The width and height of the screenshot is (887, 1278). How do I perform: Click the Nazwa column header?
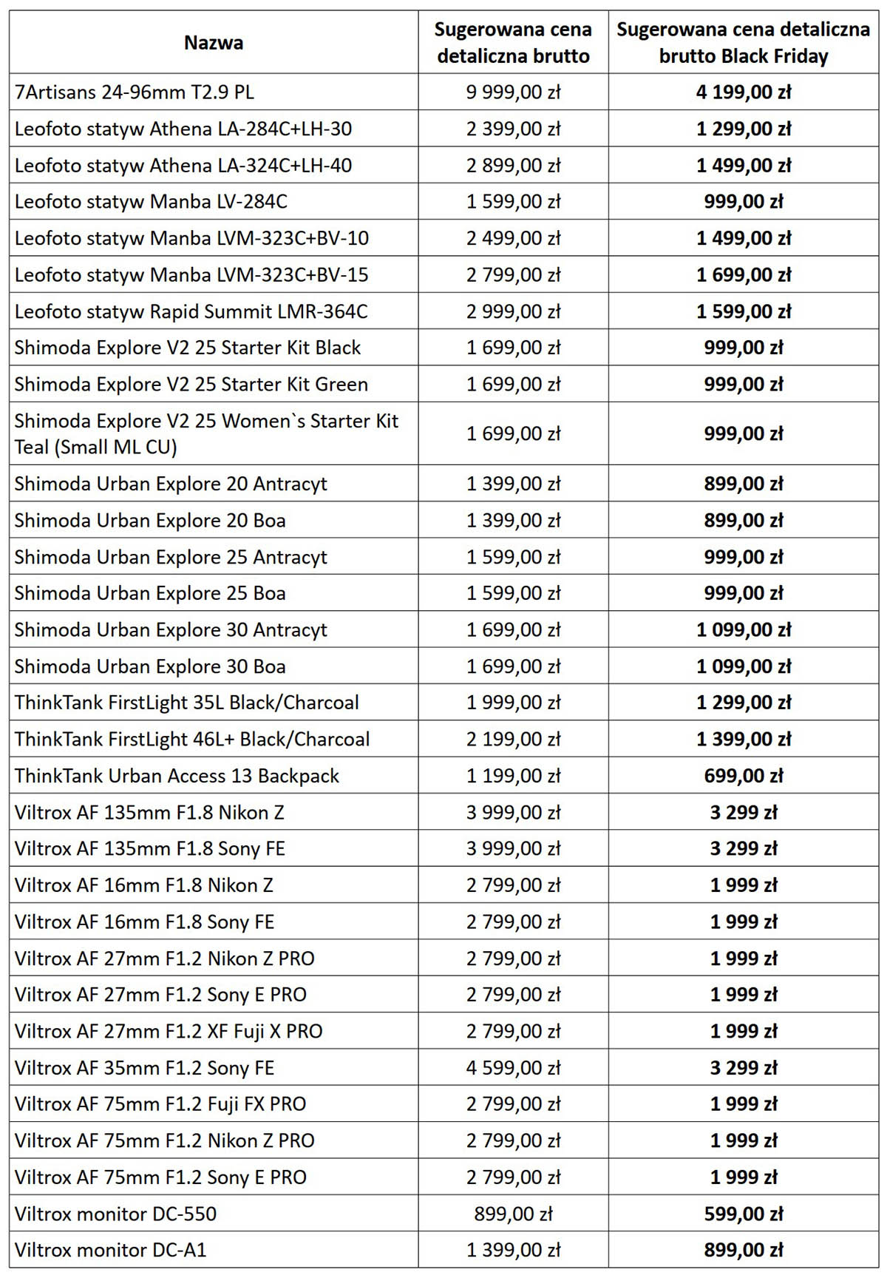(214, 42)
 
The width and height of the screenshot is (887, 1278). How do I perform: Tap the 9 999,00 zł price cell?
(513, 92)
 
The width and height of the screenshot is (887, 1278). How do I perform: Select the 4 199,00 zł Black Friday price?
(743, 92)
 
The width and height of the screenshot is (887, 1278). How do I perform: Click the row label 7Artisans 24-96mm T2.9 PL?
(135, 92)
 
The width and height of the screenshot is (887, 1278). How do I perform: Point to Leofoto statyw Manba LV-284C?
(151, 202)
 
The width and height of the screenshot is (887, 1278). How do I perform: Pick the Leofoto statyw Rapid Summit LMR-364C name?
(191, 311)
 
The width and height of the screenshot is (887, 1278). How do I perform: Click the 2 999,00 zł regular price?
(513, 311)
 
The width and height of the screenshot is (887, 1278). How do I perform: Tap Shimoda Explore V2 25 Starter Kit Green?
(191, 385)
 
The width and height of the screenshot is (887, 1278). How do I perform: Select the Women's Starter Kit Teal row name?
(205, 433)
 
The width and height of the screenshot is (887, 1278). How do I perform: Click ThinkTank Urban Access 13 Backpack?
(177, 776)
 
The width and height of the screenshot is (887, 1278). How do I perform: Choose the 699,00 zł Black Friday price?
(743, 776)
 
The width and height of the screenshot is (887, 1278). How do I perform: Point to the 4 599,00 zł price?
(513, 1068)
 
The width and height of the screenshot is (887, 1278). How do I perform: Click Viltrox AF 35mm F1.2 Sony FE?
(144, 1068)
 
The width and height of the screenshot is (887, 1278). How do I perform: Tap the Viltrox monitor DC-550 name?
(115, 1214)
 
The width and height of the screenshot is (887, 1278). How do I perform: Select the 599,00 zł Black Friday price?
(743, 1214)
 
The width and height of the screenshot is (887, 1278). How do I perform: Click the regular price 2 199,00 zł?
(513, 739)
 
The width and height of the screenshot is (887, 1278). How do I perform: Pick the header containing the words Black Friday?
(743, 42)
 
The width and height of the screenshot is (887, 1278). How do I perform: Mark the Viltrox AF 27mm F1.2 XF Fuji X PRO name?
(169, 1031)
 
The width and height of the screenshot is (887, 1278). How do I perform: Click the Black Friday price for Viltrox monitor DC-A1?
(743, 1250)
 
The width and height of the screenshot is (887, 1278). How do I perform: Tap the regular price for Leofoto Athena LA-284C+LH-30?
(513, 129)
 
